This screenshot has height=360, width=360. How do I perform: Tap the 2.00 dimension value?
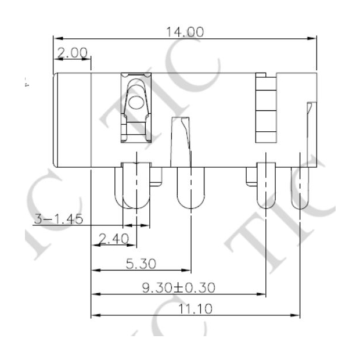(x=71, y=53)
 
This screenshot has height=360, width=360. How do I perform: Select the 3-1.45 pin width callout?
(x=58, y=219)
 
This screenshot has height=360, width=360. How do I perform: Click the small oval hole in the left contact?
(x=136, y=103)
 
